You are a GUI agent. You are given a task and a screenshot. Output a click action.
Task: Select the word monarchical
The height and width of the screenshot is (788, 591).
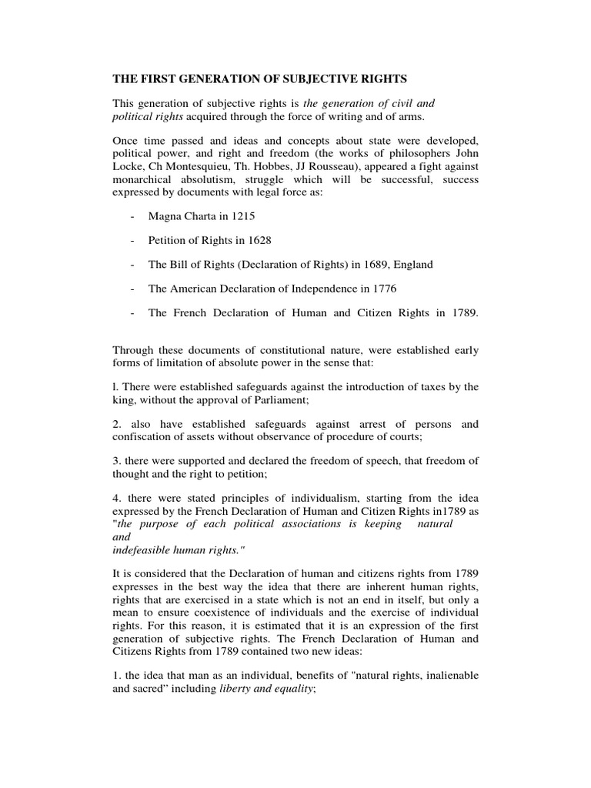[145, 179]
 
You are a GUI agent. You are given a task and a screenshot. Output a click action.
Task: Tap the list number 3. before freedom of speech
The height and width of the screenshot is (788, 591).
[117, 460]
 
